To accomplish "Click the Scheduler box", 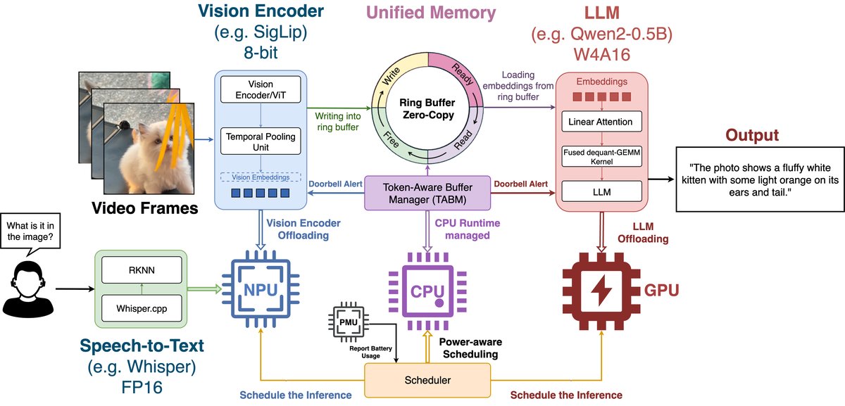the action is (427, 380).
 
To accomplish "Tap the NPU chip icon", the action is (261, 289).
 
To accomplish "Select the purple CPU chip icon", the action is (427, 291).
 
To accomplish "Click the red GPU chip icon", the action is (601, 291).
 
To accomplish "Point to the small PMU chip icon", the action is (348, 322).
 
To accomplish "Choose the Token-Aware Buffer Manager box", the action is (427, 193).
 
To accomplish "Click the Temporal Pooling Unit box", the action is (261, 141).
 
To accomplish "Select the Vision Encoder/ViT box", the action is (261, 89).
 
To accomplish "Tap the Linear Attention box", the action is (601, 122).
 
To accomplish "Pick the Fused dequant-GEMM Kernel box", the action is (601, 156).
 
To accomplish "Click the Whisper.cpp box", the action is (142, 308).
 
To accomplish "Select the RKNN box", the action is (142, 270).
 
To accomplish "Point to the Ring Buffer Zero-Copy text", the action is (427, 108).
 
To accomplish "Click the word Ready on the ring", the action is (463, 75).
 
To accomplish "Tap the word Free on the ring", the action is (392, 139).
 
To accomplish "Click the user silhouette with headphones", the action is (28, 289).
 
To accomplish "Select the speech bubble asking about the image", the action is (30, 231).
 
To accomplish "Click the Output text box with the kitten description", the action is (760, 179).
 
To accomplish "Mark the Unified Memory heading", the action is (431, 13).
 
